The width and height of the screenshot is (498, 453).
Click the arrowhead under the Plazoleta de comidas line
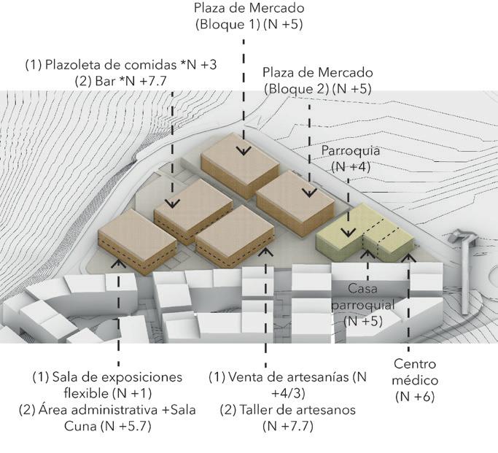pyautogui.click(x=172, y=205)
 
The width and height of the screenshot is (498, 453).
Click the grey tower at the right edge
pyautogui.click(x=461, y=252)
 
